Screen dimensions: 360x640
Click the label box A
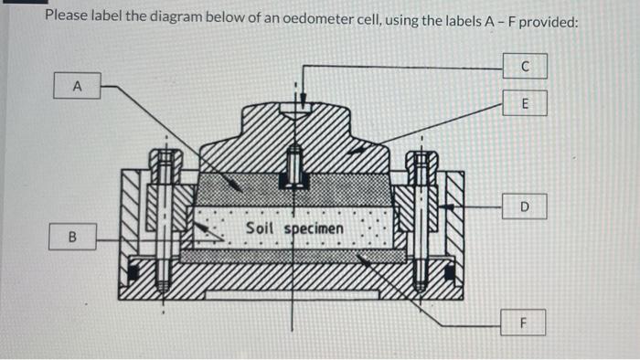point(77,87)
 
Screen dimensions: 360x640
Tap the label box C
point(525,67)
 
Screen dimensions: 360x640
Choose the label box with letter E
point(525,104)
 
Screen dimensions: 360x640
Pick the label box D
point(525,207)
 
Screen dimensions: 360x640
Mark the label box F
point(524,322)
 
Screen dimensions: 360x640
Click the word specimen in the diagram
point(313,228)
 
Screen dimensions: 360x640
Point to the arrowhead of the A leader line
point(240,186)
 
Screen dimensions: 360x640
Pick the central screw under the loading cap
point(294,164)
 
